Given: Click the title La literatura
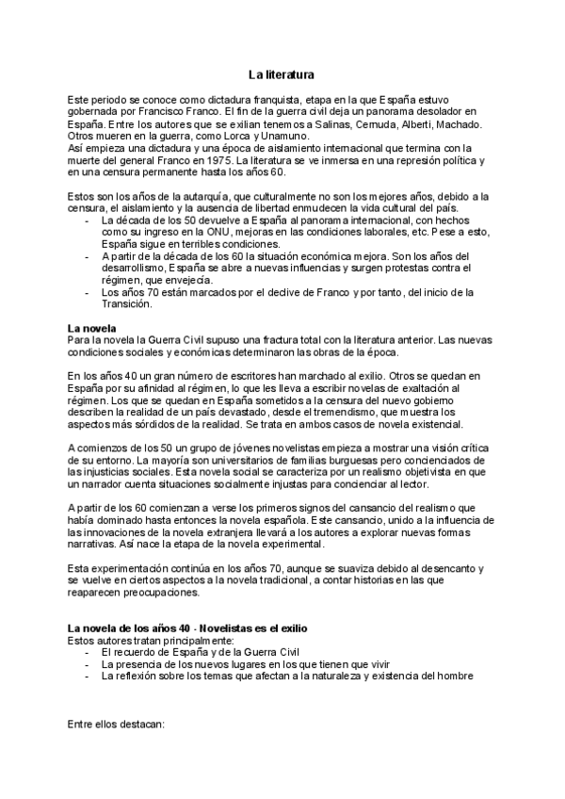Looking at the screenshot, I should click(x=282, y=73).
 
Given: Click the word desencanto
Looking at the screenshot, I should click(x=442, y=568).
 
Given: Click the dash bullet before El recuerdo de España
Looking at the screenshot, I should click(x=88, y=651).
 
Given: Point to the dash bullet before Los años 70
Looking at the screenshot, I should click(x=88, y=292).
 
